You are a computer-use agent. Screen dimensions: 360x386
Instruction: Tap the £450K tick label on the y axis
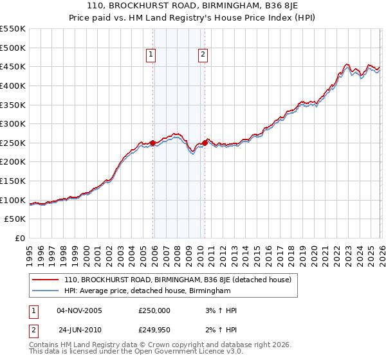pyautogui.click(x=13, y=67)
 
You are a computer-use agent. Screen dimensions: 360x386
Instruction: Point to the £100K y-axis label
pyautogui.click(x=13, y=200)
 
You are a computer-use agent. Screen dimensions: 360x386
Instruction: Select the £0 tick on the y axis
pyautogui.click(x=19, y=238)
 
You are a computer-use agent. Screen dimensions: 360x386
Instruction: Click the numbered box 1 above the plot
pyautogui.click(x=151, y=55)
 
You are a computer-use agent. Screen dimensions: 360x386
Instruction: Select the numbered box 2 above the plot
pyautogui.click(x=203, y=55)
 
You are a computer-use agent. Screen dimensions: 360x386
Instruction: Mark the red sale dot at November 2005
pyautogui.click(x=152, y=143)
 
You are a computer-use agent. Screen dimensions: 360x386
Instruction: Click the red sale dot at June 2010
pyautogui.click(x=205, y=143)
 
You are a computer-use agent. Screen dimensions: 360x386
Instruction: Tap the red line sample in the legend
pyautogui.click(x=46, y=280)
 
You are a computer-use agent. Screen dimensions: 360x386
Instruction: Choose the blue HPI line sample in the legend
pyautogui.click(x=46, y=291)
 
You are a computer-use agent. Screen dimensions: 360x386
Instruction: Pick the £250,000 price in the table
pyautogui.click(x=155, y=310)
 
